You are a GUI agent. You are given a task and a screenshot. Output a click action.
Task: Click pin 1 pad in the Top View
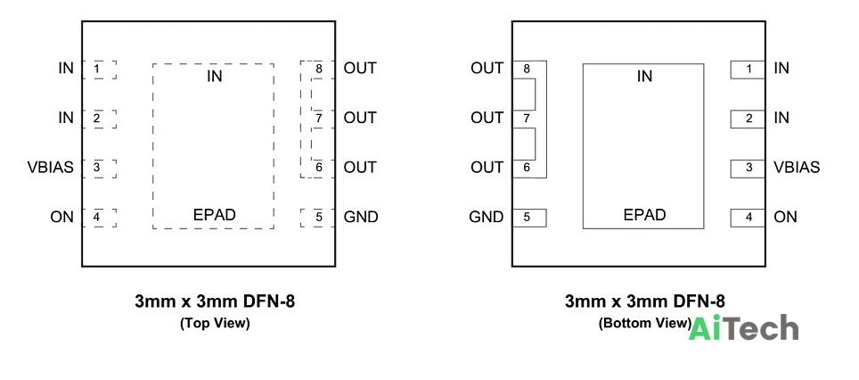(x=99, y=70)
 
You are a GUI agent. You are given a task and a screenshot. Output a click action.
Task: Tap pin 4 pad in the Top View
(x=99, y=218)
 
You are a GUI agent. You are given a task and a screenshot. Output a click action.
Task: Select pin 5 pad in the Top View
(x=318, y=218)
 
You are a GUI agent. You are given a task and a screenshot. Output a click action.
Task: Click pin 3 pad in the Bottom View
(x=748, y=169)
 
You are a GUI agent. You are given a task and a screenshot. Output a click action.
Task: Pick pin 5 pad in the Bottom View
(x=529, y=218)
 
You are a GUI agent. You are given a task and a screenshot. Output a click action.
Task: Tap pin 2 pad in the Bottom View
(x=748, y=119)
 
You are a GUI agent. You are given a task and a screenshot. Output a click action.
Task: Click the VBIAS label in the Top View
(x=51, y=167)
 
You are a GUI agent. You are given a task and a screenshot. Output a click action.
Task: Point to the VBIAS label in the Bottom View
(x=798, y=167)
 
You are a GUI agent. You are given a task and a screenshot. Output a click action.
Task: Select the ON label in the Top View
(x=61, y=217)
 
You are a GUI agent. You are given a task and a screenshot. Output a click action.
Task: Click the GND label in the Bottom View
(x=486, y=217)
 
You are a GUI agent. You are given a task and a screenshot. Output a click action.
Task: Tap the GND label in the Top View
(x=361, y=217)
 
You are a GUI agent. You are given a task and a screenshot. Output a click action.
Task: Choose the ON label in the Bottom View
(x=785, y=217)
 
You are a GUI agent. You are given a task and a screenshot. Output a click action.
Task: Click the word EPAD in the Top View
(x=214, y=215)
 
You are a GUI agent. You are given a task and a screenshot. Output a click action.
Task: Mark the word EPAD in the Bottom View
(x=645, y=215)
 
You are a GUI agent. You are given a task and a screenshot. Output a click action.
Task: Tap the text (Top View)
(x=215, y=324)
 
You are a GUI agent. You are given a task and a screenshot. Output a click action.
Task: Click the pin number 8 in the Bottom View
(x=527, y=69)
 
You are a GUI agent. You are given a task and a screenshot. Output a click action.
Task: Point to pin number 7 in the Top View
(x=318, y=119)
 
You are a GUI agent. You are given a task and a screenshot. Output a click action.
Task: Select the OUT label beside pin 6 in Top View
(x=360, y=167)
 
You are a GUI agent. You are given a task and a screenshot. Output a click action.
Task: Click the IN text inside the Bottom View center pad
(x=645, y=76)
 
